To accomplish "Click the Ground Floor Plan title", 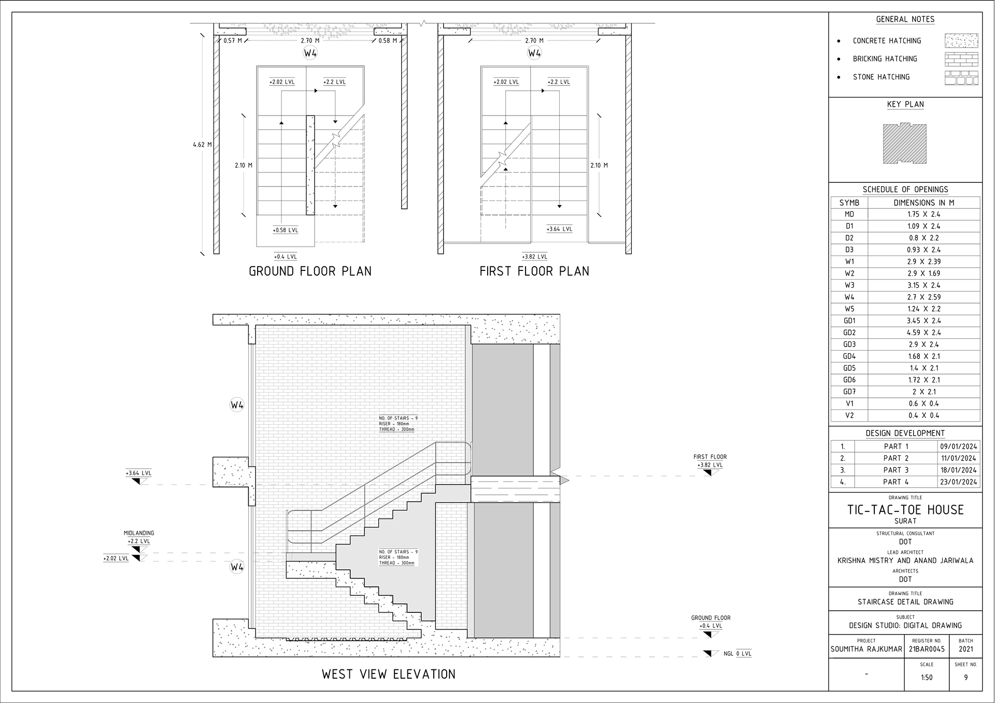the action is [310, 271].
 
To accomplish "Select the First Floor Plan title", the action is [534, 271].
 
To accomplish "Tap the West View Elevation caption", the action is [389, 674].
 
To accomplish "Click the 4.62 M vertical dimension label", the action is [202, 145].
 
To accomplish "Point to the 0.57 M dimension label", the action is [233, 40].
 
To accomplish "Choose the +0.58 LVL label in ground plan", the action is [286, 230].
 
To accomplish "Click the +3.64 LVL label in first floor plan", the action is [560, 229].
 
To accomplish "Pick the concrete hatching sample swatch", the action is [961, 40].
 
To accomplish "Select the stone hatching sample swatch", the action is [961, 78].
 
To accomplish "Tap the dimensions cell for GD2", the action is [924, 333].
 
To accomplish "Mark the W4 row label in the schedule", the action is [849, 297].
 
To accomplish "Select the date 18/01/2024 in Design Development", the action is [959, 470].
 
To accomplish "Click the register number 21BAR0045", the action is [927, 649].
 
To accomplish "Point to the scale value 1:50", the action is [927, 678].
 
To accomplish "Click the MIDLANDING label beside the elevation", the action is [139, 533].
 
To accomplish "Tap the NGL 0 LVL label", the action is [737, 654].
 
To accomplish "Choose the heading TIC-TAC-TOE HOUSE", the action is [905, 510].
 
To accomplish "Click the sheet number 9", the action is [965, 678].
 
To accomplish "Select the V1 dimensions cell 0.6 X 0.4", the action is [924, 404].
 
